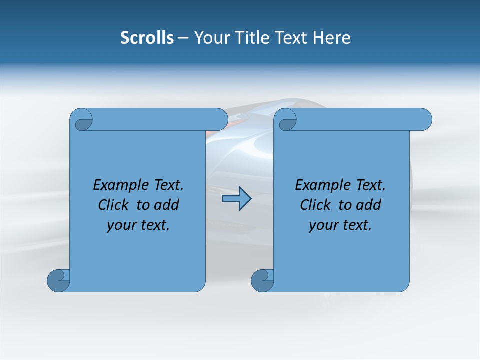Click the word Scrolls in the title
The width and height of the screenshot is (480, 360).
(147, 38)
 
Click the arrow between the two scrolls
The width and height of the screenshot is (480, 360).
(236, 199)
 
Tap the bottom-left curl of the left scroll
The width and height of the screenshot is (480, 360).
(59, 280)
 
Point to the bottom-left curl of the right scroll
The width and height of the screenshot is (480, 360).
(263, 280)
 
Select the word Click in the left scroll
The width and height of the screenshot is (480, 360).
(115, 205)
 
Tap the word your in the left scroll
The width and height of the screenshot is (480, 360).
(119, 225)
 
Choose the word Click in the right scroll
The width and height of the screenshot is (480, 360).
(317, 205)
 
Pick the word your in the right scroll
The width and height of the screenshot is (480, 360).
(321, 225)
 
